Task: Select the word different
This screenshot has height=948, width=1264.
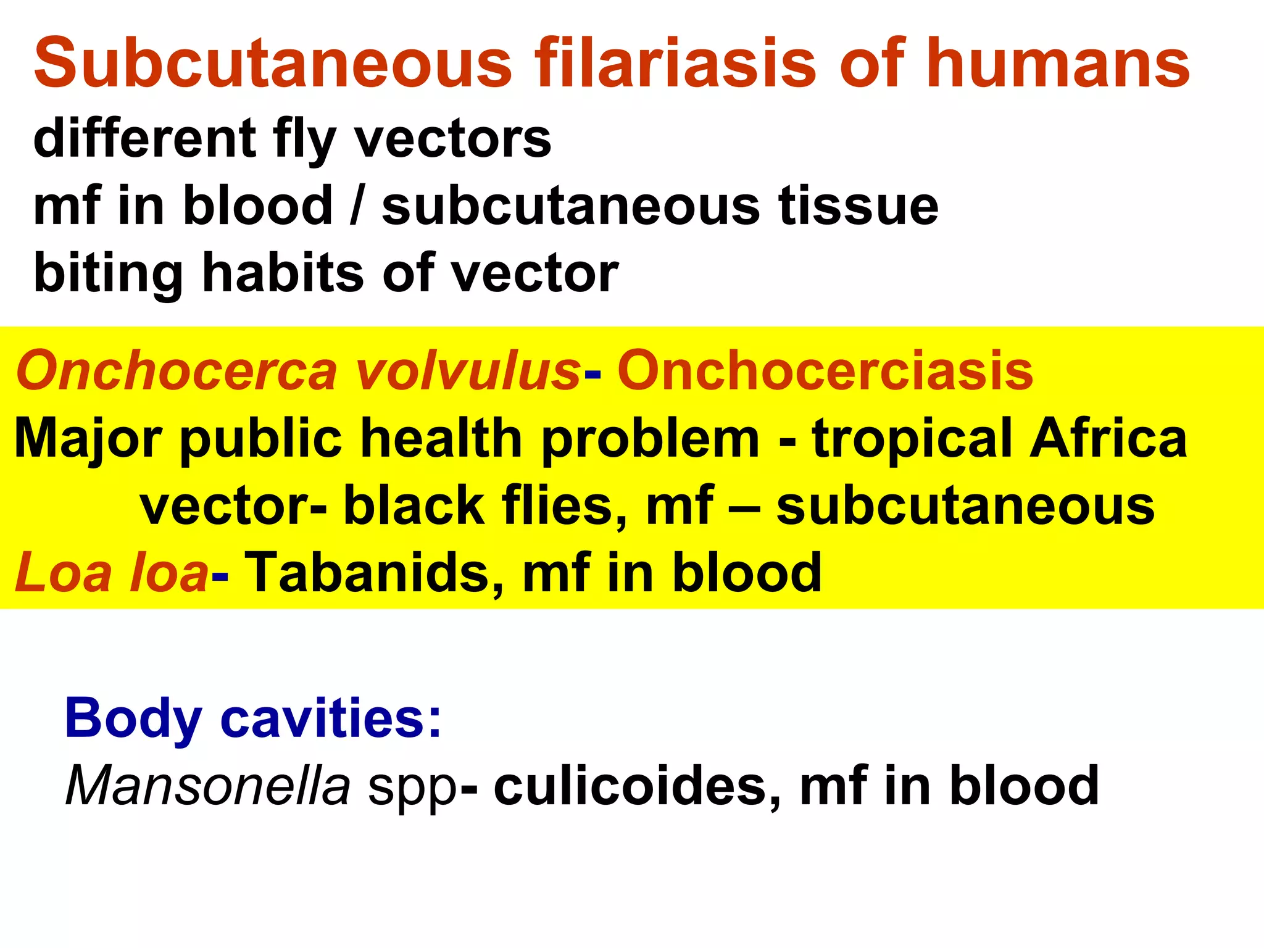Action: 144,138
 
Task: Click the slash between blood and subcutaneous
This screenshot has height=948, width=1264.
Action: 356,206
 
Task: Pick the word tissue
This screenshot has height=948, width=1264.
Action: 858,206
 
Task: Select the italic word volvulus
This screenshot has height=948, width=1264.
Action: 467,370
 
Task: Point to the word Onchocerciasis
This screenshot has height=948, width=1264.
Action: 825,370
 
